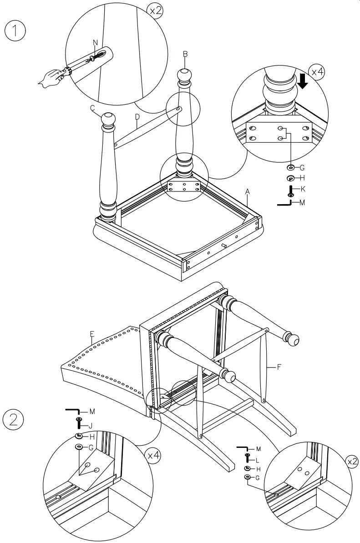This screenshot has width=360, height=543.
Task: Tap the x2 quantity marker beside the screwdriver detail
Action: click(156, 11)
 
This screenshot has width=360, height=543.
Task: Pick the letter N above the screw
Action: click(95, 42)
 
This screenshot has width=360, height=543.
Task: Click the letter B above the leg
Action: click(185, 54)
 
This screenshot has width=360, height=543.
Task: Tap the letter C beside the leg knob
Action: click(92, 108)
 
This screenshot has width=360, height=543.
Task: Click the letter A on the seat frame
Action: click(247, 192)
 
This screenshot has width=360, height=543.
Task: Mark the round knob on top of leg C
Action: click(108, 119)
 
